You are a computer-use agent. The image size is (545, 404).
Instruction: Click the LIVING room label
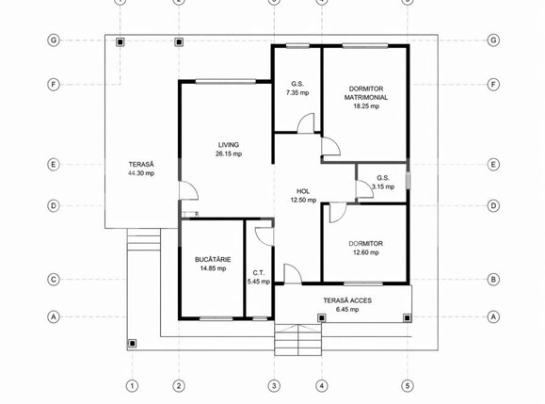click(x=229, y=145)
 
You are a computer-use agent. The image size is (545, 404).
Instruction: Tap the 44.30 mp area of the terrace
click(x=141, y=173)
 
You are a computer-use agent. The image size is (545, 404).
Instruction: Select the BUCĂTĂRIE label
click(x=213, y=259)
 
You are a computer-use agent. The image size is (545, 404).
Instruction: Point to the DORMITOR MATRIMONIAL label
click(x=366, y=93)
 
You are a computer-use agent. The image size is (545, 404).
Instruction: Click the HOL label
click(x=303, y=191)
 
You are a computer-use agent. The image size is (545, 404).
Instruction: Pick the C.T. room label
click(x=259, y=273)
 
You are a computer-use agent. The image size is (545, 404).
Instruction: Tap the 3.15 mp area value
click(x=383, y=186)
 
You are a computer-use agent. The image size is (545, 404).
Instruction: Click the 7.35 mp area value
click(x=297, y=93)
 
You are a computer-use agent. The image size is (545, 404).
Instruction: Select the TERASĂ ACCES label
click(x=347, y=300)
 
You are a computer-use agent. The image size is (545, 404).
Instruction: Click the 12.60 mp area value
click(x=365, y=252)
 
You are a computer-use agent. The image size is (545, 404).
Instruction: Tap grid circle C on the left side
click(x=53, y=280)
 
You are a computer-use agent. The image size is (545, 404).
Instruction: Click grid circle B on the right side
click(x=493, y=280)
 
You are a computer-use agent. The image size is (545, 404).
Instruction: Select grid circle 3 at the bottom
click(x=274, y=385)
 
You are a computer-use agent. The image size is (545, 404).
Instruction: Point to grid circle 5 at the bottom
click(x=408, y=385)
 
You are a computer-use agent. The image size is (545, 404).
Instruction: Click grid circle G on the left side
click(x=53, y=40)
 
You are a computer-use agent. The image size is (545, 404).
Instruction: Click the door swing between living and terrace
click(x=188, y=190)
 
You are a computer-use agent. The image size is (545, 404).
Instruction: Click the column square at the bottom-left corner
click(x=132, y=344)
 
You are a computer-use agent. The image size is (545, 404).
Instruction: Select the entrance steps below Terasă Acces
click(x=297, y=340)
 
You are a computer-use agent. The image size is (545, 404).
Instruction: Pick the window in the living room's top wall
click(x=226, y=82)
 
